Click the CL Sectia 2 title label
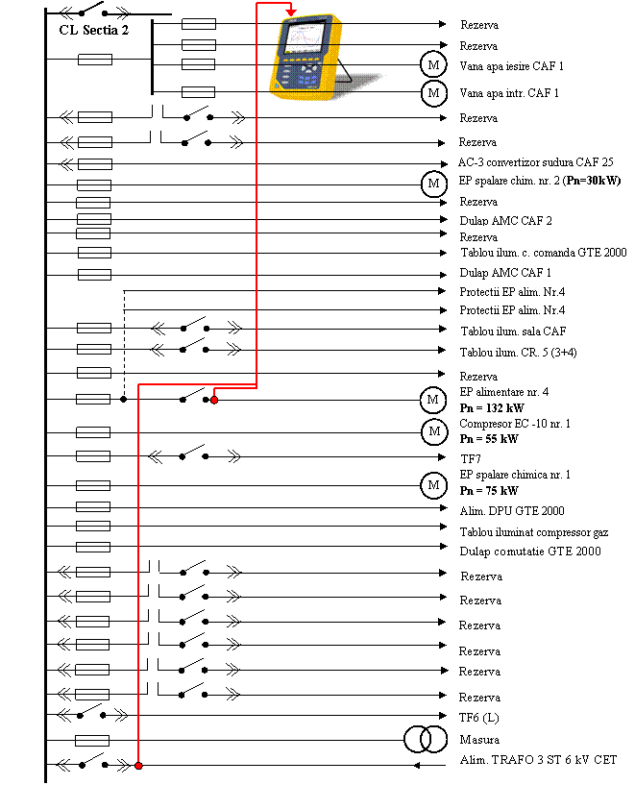(92, 30)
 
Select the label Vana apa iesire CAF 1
(511, 66)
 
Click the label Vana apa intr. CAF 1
(508, 93)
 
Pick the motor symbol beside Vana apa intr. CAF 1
(433, 93)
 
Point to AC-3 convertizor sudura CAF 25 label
(535, 161)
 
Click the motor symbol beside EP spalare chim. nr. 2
(433, 184)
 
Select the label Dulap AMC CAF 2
(505, 221)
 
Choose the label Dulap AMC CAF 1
(505, 273)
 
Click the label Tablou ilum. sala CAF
(513, 331)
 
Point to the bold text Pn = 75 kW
(489, 491)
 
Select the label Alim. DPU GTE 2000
(511, 511)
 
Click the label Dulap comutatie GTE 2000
(529, 552)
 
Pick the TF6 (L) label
(478, 718)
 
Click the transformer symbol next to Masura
(418, 739)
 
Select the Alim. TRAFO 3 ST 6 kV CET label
(538, 760)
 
